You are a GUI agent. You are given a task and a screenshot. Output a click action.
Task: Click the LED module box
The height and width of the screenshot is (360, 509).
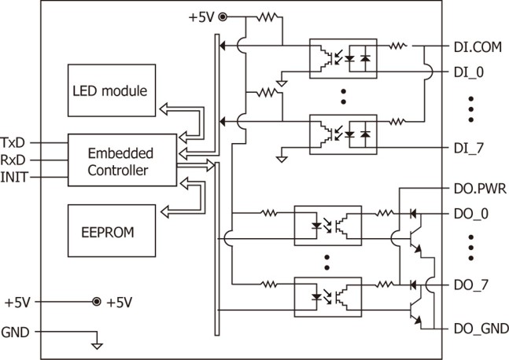112,90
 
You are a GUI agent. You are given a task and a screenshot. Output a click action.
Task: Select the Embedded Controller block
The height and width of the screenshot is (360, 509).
123,160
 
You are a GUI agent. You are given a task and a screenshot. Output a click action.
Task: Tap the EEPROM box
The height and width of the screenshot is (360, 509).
112,231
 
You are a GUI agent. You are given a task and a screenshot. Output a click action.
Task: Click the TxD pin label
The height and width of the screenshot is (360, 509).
13,143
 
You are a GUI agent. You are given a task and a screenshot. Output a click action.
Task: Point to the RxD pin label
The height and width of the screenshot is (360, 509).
13,160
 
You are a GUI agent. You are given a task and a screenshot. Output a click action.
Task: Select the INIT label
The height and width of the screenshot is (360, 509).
14,177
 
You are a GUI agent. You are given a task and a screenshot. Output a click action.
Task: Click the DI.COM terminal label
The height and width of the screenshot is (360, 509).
478,47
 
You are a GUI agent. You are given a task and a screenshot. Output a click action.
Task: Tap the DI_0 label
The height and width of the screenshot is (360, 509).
469,72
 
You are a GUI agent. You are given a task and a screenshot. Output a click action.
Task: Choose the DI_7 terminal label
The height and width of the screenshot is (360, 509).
469,148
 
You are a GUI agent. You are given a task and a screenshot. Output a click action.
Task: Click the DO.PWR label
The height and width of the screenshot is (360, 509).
480,189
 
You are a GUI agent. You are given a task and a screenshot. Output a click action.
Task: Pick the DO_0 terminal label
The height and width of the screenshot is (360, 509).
470,214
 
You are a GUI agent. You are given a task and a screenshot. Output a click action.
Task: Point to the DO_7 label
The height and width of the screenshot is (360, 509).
470,285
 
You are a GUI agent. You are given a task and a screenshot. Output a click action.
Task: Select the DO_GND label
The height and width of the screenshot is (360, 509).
481,329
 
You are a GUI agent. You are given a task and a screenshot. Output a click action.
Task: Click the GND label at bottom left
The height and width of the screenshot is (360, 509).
15,332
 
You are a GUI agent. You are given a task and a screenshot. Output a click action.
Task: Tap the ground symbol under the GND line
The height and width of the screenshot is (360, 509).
97,346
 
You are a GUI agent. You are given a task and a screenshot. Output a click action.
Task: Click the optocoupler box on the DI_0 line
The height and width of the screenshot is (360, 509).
343,59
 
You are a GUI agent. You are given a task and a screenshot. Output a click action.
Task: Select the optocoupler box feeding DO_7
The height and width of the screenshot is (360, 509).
328,297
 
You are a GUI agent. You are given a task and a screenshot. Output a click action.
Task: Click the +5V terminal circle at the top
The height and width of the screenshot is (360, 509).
223,17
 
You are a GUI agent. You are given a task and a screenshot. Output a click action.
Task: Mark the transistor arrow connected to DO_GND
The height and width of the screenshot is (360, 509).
418,320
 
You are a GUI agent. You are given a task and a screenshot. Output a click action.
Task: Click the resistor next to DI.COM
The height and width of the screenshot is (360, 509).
398,46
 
